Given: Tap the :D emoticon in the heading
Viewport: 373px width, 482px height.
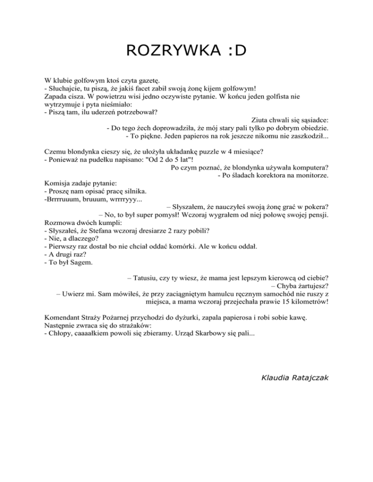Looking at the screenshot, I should coord(234,50).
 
